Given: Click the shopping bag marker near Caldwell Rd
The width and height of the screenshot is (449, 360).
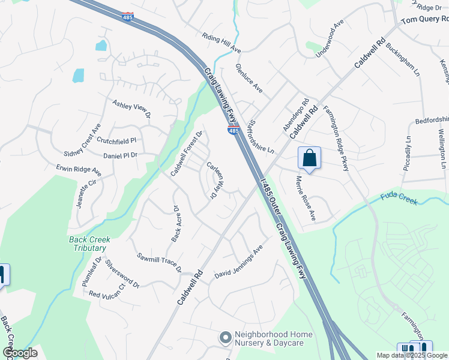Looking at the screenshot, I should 309,158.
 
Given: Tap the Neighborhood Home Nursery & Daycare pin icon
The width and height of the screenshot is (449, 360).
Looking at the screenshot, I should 226,338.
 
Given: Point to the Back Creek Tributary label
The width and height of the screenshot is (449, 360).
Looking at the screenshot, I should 87,244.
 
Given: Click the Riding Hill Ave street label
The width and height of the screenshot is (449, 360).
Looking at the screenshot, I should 221,42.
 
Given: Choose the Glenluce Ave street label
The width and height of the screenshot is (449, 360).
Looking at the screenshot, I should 249,78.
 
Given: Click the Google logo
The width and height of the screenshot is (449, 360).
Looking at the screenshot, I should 20,353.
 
